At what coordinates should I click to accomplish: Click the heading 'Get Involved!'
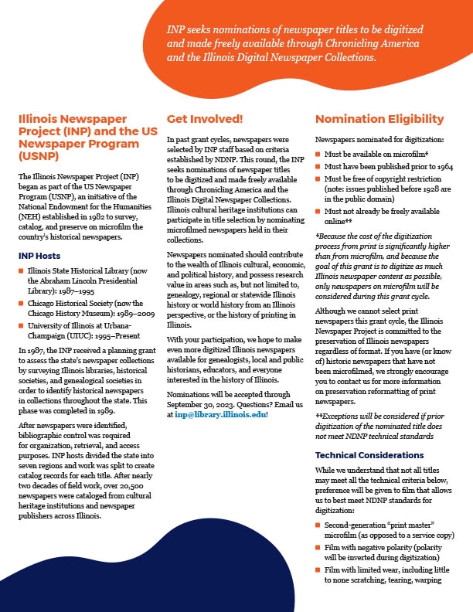tap(205, 119)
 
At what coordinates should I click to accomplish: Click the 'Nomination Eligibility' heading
tap(379, 119)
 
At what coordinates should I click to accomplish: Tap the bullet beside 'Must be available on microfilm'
tap(318, 154)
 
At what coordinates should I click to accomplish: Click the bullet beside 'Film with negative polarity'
tap(318, 548)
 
